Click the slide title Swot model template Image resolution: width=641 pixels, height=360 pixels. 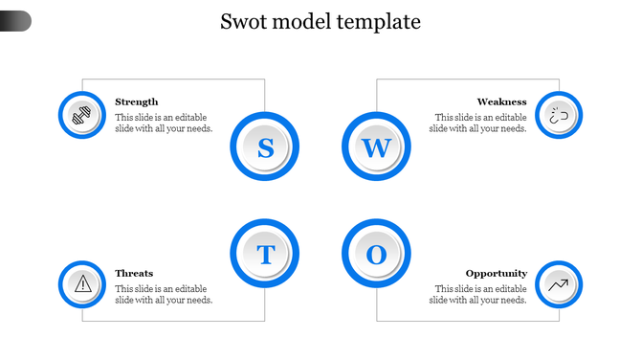pos(320,21)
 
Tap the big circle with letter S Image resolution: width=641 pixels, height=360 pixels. pos(265,147)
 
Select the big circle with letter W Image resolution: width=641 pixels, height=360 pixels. pos(376,147)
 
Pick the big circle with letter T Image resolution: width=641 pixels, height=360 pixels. pos(265,255)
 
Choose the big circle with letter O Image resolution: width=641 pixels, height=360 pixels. pos(376,255)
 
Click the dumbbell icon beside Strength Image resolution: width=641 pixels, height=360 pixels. pos(82,115)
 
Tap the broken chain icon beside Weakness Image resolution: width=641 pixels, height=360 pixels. pos(559,115)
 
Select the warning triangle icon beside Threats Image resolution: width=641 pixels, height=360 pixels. pos(82,283)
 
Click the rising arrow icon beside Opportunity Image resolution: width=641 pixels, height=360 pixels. pos(559,283)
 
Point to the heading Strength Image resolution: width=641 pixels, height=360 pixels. pos(137,101)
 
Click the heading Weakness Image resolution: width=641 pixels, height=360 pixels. pos(501,101)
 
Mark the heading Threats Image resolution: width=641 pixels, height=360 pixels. pos(134,273)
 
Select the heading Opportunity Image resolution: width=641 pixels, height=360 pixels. pos(496,273)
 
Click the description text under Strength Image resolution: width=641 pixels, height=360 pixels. pos(164,123)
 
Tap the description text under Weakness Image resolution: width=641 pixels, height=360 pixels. pos(478,123)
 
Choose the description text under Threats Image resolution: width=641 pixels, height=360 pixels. pos(164,294)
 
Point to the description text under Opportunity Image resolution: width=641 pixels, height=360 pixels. pos(478,294)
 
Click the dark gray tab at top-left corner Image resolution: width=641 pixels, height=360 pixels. pos(15,20)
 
